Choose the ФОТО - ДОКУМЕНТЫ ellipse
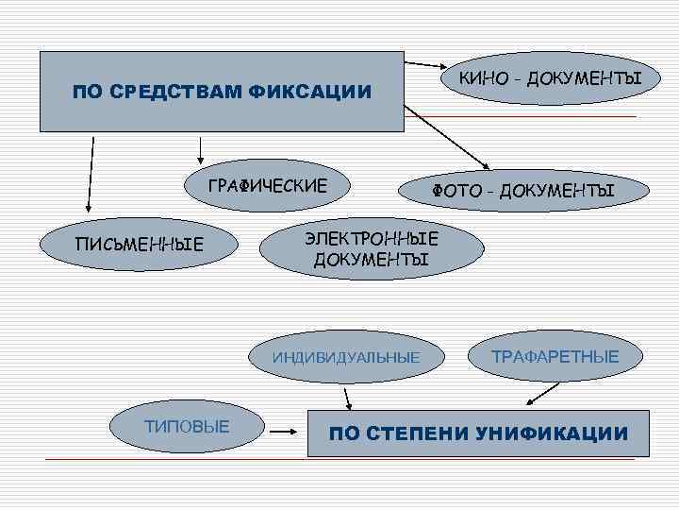click(522, 192)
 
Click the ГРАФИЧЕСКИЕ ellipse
click(268, 185)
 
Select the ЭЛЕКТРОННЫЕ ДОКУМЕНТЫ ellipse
click(371, 247)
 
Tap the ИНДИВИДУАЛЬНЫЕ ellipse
click(346, 358)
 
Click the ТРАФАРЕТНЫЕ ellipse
click(556, 357)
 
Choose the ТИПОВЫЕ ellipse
click(186, 427)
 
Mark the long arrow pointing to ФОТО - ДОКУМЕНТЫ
click(443, 137)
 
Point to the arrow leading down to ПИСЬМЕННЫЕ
click(91, 173)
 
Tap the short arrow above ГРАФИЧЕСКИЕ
click(201, 147)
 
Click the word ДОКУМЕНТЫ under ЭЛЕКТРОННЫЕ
click(371, 259)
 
